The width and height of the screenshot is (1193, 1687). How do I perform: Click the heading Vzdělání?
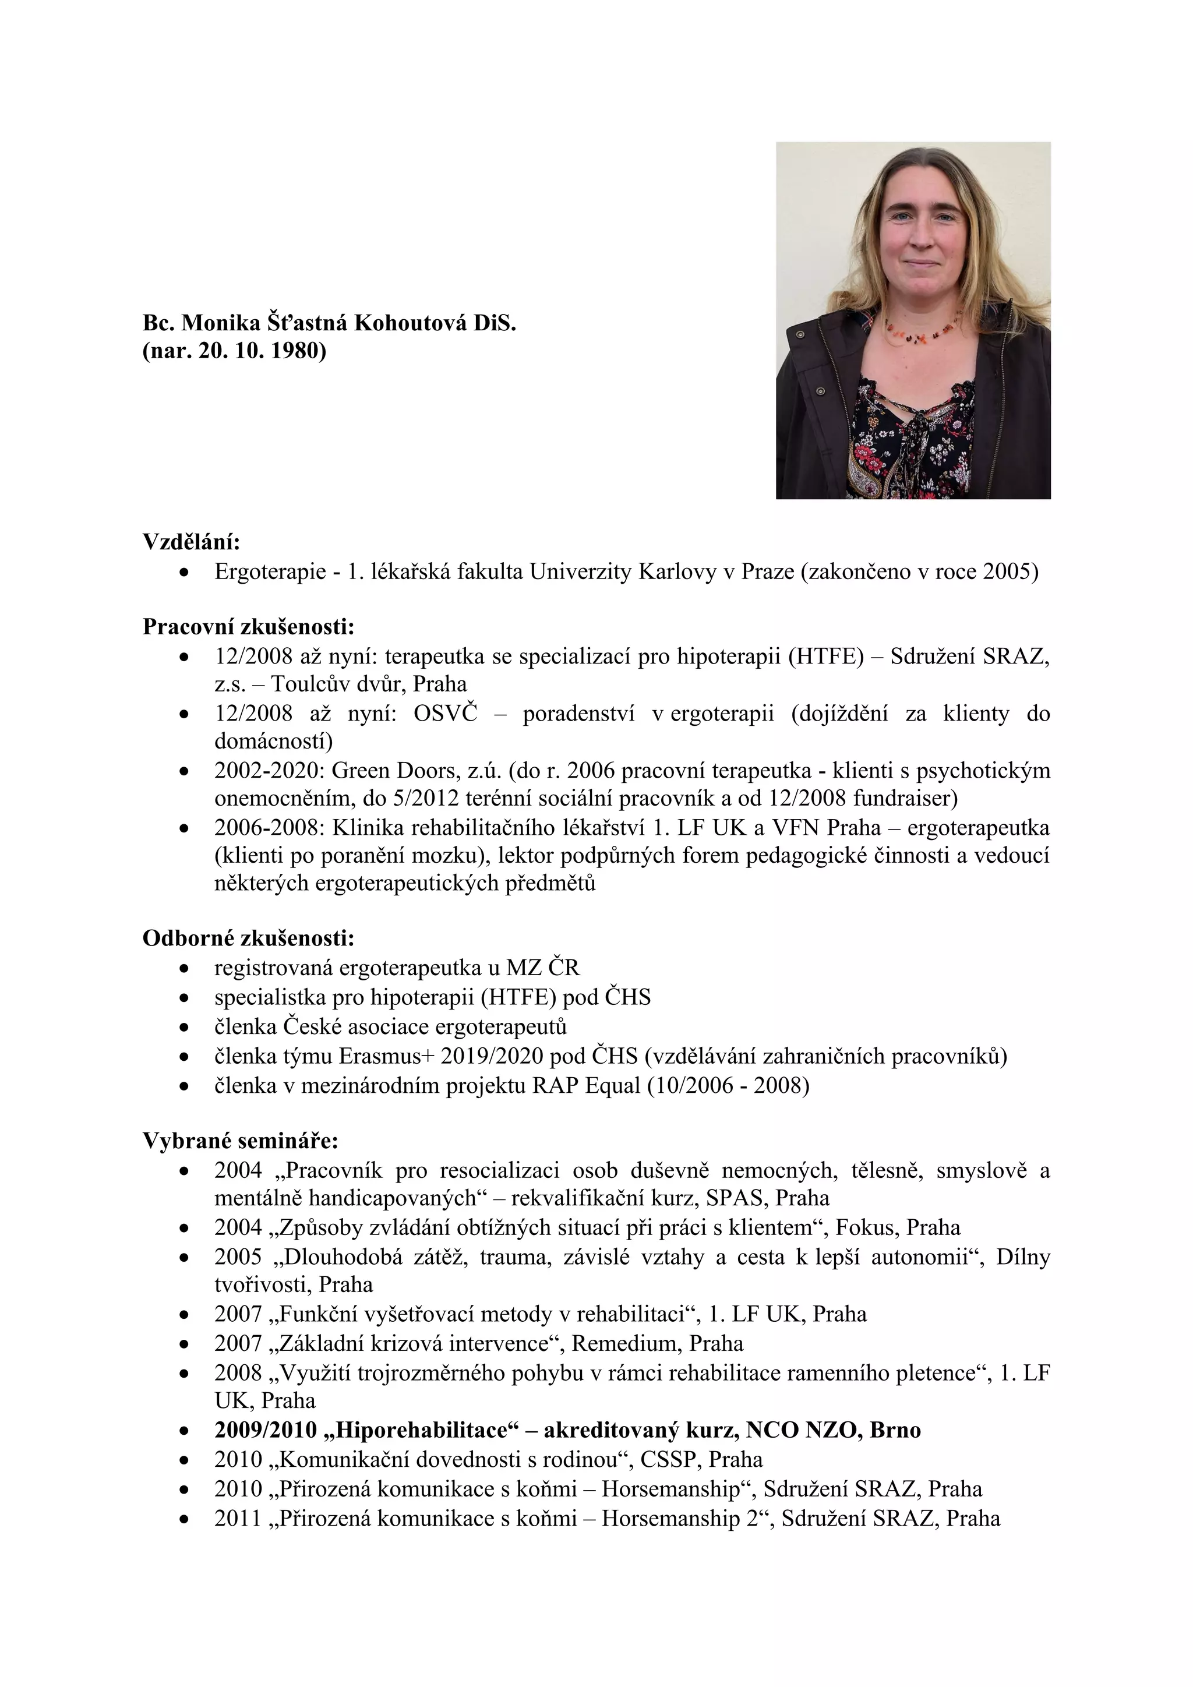[x=191, y=542]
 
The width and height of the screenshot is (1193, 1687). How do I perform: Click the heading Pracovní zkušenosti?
[x=248, y=627]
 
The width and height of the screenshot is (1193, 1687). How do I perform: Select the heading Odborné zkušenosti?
[x=248, y=938]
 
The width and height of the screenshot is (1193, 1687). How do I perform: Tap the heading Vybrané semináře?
[x=240, y=1141]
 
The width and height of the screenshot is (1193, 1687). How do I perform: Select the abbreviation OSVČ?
[x=445, y=714]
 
